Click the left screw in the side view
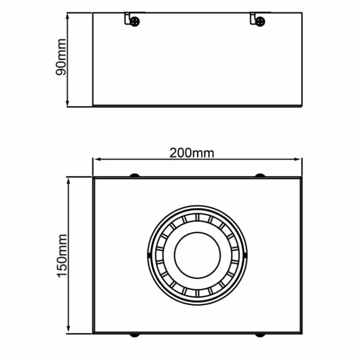[135, 20]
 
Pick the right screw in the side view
[260, 20]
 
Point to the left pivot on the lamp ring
[149, 255]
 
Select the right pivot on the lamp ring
[246, 255]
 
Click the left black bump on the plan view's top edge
[135, 175]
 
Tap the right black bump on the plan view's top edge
[260, 175]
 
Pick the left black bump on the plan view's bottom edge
[135, 335]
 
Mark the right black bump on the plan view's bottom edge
[260, 335]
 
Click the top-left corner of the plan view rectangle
[93, 178]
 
